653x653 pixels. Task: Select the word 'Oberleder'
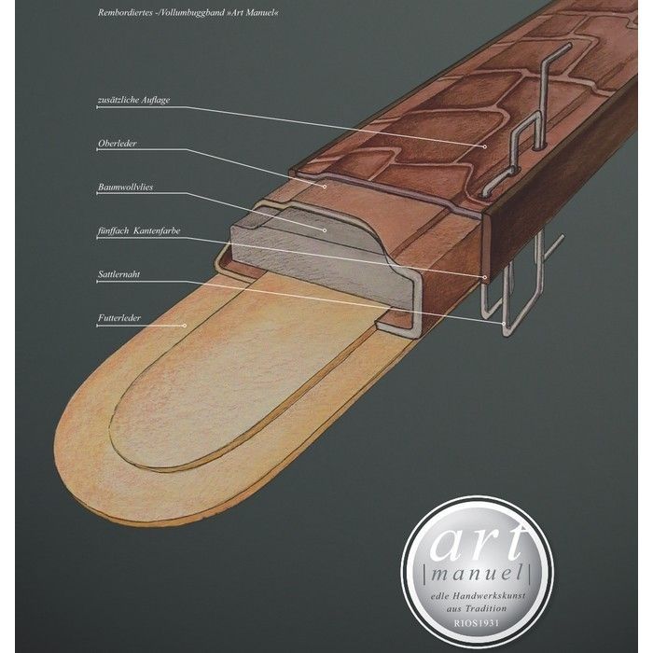[x=118, y=144]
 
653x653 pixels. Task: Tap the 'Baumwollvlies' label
[x=126, y=188]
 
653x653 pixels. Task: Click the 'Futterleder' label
[x=118, y=318]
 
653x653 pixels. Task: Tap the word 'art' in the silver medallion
[x=477, y=538]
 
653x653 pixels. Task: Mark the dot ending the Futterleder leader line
[x=186, y=326]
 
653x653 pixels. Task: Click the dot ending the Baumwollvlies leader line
[x=324, y=229]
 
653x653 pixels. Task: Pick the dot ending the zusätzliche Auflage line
[x=485, y=146]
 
